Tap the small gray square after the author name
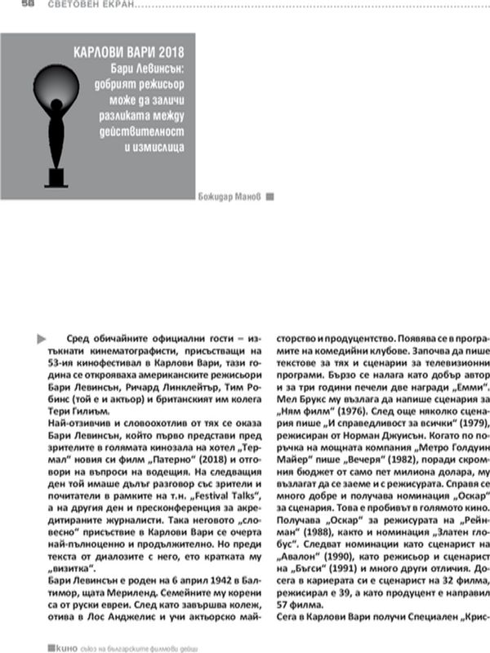pyautogui.click(x=270, y=196)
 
